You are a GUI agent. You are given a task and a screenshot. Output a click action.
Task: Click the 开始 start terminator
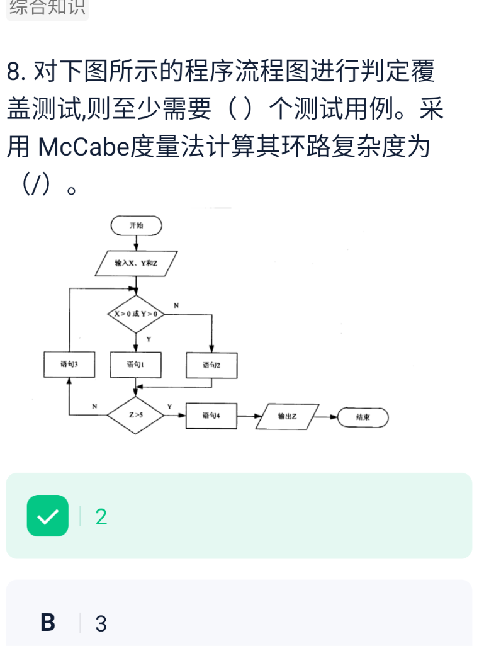(136, 225)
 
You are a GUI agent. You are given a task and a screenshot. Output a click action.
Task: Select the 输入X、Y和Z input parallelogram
(136, 263)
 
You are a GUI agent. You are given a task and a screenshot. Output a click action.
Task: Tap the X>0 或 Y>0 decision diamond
(136, 313)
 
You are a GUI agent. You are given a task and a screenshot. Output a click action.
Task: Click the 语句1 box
(135, 365)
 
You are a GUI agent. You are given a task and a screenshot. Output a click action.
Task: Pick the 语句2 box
(211, 365)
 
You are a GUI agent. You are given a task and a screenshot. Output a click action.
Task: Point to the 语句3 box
(69, 365)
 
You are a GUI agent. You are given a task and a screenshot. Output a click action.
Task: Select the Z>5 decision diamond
(136, 416)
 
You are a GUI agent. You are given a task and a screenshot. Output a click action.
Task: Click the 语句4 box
(211, 416)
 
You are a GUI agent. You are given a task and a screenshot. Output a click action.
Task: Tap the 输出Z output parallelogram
(287, 416)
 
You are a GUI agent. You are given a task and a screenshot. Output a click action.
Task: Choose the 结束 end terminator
(363, 417)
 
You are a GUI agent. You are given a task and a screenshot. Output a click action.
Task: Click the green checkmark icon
(48, 516)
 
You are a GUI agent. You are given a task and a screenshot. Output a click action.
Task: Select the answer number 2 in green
(101, 517)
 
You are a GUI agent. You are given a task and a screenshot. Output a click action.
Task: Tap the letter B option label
(48, 623)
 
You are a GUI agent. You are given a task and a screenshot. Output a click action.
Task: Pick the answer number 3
(101, 624)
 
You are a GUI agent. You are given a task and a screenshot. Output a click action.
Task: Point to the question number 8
(16, 72)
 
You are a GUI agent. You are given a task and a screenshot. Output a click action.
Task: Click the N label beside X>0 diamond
(176, 305)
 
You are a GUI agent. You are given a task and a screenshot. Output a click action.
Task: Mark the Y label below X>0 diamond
(149, 339)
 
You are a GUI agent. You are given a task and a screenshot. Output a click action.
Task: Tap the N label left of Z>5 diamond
(94, 407)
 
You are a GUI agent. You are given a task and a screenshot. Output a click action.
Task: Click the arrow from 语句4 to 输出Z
(249, 416)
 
